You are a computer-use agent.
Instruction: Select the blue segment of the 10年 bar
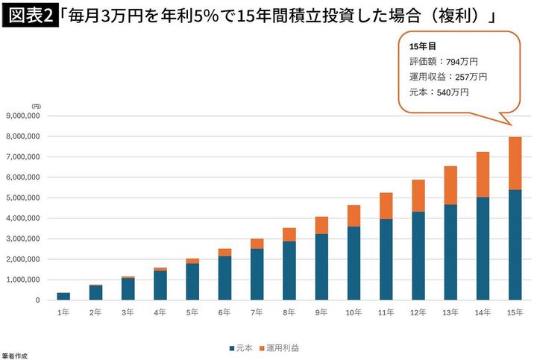pos(354,262)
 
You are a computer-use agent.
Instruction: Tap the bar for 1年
pos(64,296)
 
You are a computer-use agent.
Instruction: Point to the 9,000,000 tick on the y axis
pos(28,116)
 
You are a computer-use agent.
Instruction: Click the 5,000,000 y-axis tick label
pos(28,198)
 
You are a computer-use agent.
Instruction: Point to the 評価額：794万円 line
pos(442,62)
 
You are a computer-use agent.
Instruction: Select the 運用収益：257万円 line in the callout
pos(447,77)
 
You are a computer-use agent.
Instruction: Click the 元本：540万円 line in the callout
pos(439,92)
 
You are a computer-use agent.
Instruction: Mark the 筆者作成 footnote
pos(14,356)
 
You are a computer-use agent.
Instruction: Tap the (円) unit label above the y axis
pos(36,107)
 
